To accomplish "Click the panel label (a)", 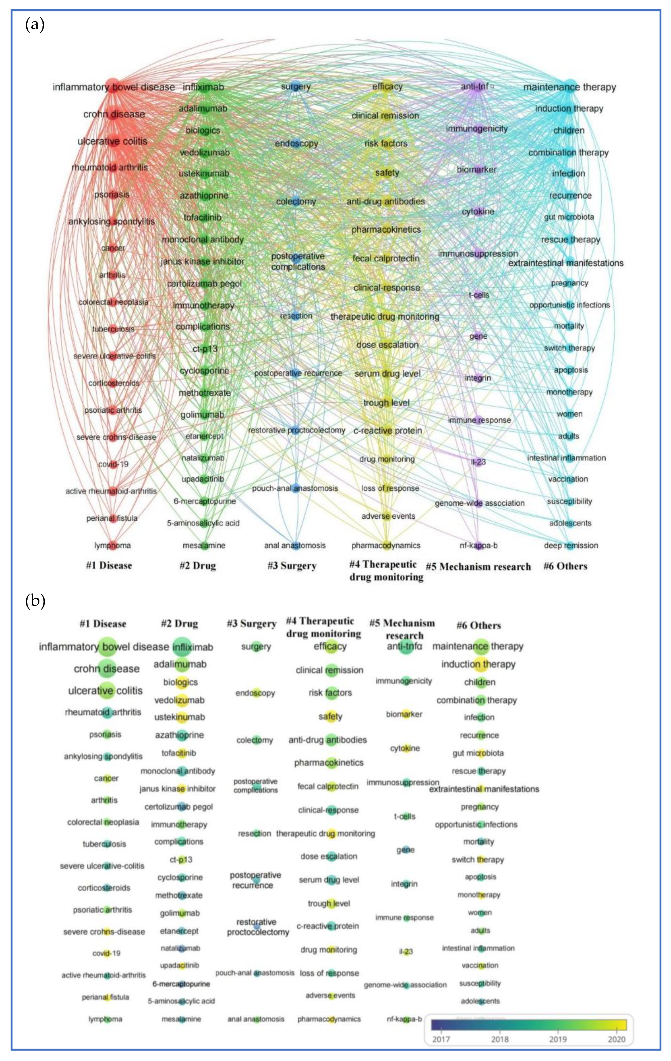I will tap(35, 25).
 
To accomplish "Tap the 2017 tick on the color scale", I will tap(441, 1039).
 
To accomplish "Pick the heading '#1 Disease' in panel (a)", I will tap(109, 565).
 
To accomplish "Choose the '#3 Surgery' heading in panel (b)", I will tap(251, 623).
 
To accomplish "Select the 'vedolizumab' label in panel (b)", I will tap(179, 700).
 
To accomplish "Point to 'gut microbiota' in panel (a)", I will tap(569, 217).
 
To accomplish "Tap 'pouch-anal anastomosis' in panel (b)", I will tap(255, 973).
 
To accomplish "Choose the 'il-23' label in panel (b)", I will tap(405, 952).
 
